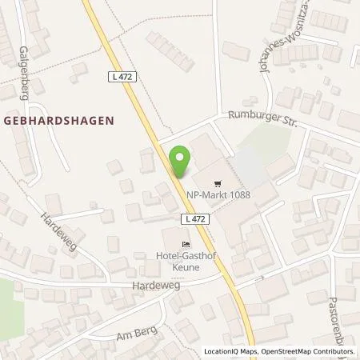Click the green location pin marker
click(182, 162)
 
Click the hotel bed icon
click(186, 244)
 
